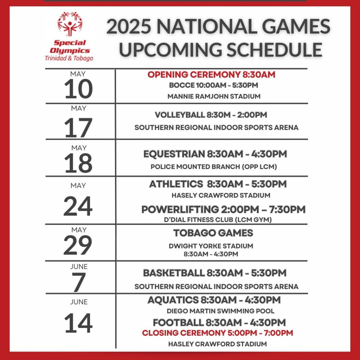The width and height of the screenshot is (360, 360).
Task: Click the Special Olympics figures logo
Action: pos(70,24)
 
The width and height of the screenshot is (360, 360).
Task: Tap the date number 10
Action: pos(78,89)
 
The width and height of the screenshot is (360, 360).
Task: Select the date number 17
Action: pos(78,128)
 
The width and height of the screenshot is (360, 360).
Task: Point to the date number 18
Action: pos(78,163)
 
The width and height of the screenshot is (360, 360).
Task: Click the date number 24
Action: pos(78,206)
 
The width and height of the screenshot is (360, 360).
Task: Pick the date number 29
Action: pos(78,245)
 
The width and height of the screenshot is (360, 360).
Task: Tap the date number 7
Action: pos(79,282)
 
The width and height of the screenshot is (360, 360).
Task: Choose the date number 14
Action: pos(78,323)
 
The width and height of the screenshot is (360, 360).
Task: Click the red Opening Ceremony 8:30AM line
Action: pos(211,75)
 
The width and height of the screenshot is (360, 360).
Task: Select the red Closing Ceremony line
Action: pos(217,333)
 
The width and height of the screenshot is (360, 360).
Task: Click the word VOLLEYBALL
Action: pos(180,115)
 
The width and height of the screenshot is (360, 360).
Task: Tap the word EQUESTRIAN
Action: pos(174,154)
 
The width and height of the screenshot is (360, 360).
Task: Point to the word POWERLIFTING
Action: pos(180,210)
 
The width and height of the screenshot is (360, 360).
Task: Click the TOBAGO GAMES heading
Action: pos(213,233)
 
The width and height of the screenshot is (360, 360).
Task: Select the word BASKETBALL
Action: pos(174,273)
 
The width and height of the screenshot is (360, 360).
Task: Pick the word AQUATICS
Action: pos(173,300)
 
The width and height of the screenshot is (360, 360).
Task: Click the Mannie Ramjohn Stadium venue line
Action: pos(214,96)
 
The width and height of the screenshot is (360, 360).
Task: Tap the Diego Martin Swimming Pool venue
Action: pos(220,311)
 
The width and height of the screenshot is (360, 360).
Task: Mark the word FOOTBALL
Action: pos(178,323)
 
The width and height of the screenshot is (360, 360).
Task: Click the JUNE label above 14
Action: pos(79,302)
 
